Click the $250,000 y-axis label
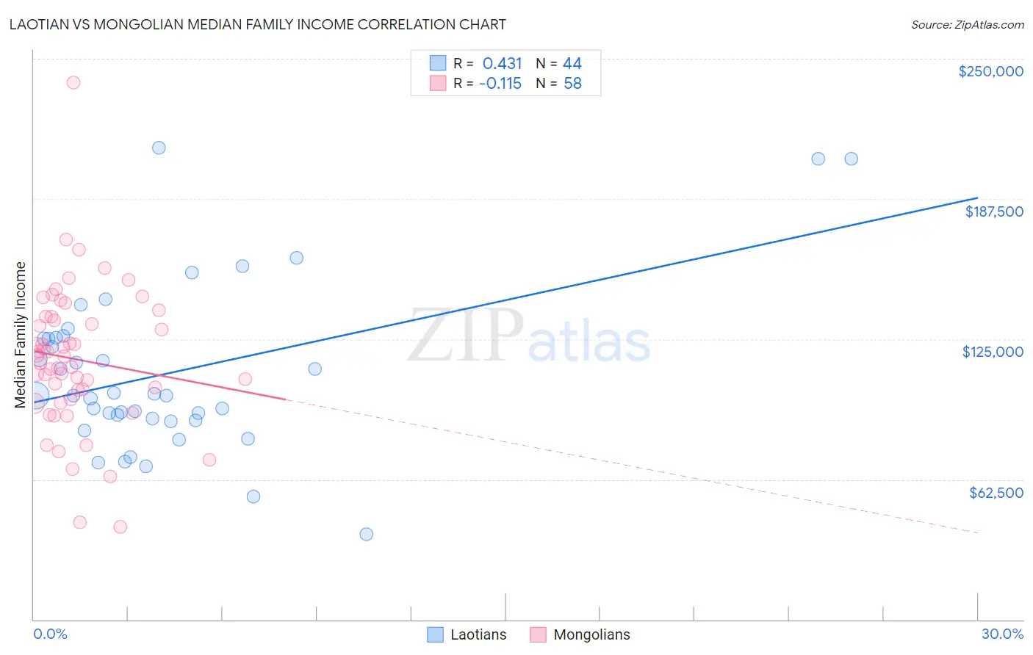tap(990, 71)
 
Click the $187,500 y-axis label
tap(993, 211)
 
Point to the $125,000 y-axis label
tap(993, 352)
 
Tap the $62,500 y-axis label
tap(996, 493)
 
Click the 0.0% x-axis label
tap(50, 634)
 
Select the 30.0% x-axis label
tap(1002, 634)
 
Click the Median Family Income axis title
tap(21, 334)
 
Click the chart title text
tap(257, 24)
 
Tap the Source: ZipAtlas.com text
tap(967, 25)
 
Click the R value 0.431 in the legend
tap(502, 64)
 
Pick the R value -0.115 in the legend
tap(500, 84)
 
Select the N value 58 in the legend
tap(572, 84)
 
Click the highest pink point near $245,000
tap(73, 82)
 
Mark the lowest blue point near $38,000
tap(366, 534)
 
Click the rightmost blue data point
tap(851, 159)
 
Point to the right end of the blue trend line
tap(977, 198)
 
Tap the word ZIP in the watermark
tap(466, 336)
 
